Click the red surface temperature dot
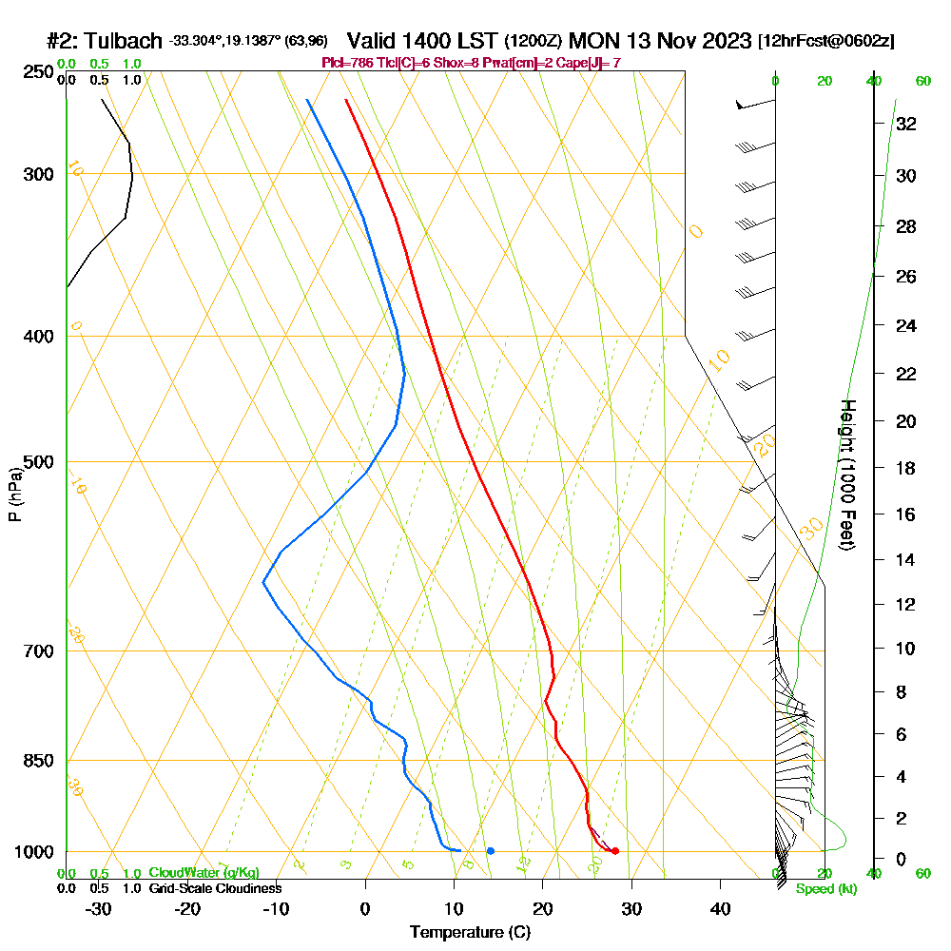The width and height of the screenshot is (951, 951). tap(615, 850)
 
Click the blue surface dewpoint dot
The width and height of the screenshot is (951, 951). tap(490, 850)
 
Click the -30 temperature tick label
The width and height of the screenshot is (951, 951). tap(99, 908)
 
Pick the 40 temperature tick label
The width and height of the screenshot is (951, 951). tap(720, 908)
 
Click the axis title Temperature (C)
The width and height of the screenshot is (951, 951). tap(470, 932)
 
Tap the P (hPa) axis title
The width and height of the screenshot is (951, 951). tap(14, 494)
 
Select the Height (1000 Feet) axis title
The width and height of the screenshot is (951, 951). tap(845, 475)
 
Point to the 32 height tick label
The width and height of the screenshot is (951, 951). tap(906, 124)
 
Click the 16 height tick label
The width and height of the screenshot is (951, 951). tap(906, 514)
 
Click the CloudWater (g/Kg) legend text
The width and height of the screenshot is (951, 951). tap(204, 873)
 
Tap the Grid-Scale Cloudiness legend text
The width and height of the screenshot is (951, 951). tap(215, 888)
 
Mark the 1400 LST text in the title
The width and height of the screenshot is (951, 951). tap(424, 41)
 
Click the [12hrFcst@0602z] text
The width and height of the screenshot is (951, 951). tap(825, 42)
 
